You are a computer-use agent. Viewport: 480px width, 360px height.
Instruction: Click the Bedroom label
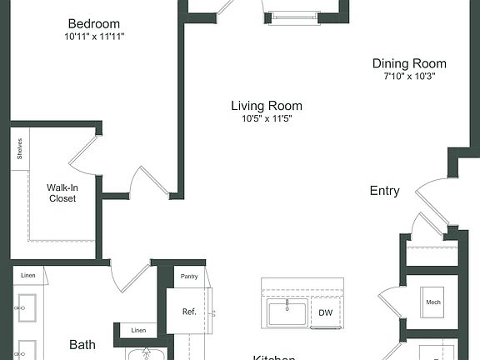pyautogui.click(x=93, y=23)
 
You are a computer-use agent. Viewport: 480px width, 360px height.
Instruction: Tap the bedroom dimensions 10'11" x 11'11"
pyautogui.click(x=93, y=37)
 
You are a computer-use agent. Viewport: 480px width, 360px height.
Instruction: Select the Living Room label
pyautogui.click(x=267, y=106)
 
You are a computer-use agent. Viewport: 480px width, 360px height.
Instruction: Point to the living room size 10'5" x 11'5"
pyautogui.click(x=267, y=118)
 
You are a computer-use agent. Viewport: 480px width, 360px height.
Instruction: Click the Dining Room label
pyautogui.click(x=409, y=63)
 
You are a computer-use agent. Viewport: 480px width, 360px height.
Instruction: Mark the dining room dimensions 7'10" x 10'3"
pyautogui.click(x=409, y=76)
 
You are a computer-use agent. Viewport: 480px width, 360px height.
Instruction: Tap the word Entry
pyautogui.click(x=384, y=191)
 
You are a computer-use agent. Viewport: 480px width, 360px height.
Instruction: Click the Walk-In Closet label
pyautogui.click(x=62, y=193)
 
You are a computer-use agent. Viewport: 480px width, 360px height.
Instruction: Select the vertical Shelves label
pyautogui.click(x=19, y=149)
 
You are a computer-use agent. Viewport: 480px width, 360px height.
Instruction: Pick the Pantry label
pyautogui.click(x=189, y=275)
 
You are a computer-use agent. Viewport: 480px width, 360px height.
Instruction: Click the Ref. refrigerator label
pyautogui.click(x=189, y=312)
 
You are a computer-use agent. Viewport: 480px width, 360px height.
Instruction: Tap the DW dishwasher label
pyautogui.click(x=325, y=313)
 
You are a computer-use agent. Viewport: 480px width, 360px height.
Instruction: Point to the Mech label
pyautogui.click(x=432, y=302)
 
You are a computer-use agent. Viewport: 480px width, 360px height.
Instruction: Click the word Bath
pyautogui.click(x=82, y=343)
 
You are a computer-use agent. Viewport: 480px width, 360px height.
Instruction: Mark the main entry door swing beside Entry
pyautogui.click(x=433, y=200)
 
